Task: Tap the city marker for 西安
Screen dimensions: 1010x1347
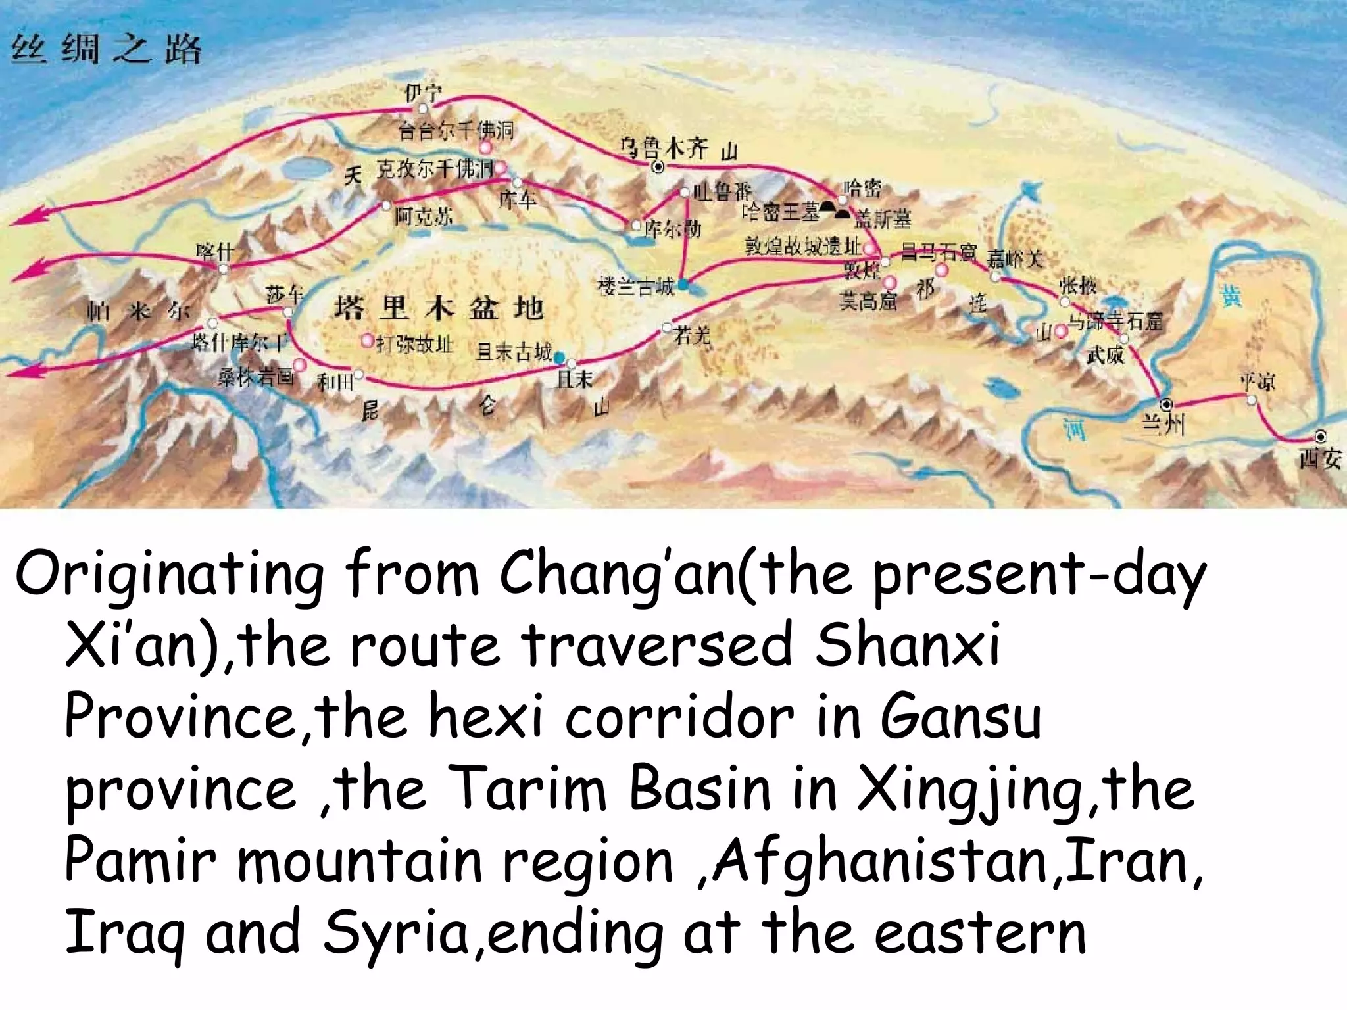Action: pyautogui.click(x=1320, y=436)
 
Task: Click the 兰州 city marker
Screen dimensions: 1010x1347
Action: pyautogui.click(x=1166, y=404)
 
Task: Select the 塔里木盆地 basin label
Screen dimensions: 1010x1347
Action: pyautogui.click(x=439, y=308)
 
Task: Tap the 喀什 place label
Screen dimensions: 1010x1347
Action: pyautogui.click(x=214, y=252)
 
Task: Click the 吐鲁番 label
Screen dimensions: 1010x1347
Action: pyautogui.click(x=722, y=191)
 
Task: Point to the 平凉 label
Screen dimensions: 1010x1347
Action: pyautogui.click(x=1257, y=381)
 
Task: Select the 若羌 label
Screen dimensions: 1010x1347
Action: pyautogui.click(x=692, y=337)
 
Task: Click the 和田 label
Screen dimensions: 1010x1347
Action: pyautogui.click(x=335, y=381)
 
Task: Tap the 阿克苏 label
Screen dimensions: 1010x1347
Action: pyautogui.click(x=423, y=216)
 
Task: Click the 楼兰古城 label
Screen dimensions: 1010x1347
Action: pyautogui.click(x=635, y=287)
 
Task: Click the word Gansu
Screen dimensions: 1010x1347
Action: pyautogui.click(x=960, y=717)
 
